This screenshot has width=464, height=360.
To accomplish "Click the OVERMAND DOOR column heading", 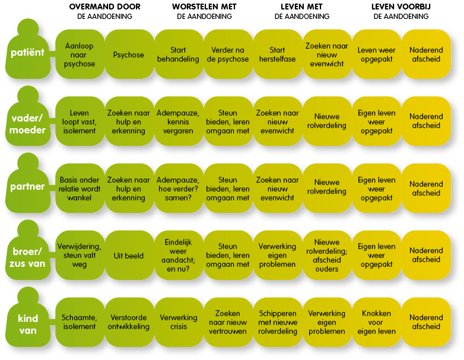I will (104, 7).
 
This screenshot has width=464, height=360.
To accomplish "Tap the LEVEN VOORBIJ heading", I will (401, 7).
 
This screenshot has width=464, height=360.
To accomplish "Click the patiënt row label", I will (27, 53).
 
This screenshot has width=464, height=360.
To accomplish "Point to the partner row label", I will (28, 187).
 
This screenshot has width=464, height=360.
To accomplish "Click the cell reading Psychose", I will (129, 55).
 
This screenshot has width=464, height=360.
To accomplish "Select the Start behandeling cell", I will (178, 55).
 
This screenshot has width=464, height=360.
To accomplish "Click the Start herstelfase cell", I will (277, 55).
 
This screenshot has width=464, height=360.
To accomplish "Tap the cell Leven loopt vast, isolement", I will (79, 122).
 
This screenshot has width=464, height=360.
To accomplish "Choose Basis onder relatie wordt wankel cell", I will (79, 189).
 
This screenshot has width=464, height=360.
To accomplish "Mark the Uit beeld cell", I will (129, 256).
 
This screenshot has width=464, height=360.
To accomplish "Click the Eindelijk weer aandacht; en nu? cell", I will (178, 255).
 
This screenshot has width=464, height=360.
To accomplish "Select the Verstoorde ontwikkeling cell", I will (129, 322).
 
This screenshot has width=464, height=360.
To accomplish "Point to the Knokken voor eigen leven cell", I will (376, 322).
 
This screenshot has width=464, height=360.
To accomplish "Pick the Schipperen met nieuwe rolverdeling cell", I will (277, 322).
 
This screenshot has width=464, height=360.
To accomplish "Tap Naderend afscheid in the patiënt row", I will (426, 55).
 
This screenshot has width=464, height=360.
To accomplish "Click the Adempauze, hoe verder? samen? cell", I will (178, 189).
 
